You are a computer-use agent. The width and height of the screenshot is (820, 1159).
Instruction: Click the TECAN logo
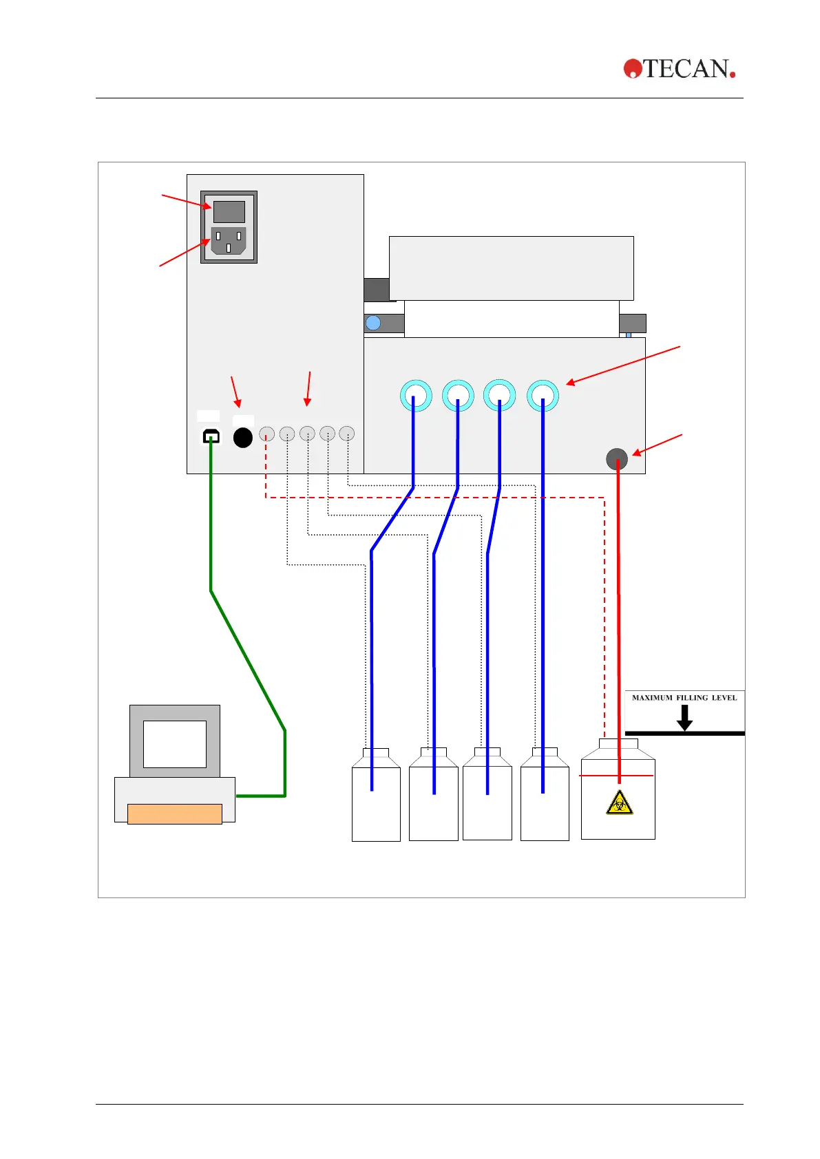680,69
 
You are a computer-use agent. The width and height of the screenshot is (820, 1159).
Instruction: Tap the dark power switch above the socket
229,211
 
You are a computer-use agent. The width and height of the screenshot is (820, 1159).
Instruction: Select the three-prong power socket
228,241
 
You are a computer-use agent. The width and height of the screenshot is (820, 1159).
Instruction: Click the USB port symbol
211,436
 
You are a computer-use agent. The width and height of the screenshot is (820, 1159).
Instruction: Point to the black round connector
243,438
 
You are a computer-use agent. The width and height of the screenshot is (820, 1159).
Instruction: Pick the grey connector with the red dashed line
266,434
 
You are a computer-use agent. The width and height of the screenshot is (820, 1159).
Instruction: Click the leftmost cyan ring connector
416,396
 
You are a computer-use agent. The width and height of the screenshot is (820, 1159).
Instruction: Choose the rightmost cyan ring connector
543,396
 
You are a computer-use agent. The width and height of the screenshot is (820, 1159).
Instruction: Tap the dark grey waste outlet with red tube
617,458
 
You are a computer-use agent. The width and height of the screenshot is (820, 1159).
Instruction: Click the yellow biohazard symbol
620,802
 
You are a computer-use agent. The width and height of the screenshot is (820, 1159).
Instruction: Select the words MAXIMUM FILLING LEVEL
684,698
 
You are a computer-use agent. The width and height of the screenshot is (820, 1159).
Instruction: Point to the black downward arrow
684,717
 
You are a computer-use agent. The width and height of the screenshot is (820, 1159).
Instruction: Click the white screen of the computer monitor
175,744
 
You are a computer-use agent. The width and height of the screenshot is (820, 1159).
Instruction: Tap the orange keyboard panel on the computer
175,814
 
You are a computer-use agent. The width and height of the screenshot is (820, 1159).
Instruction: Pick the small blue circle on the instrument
373,323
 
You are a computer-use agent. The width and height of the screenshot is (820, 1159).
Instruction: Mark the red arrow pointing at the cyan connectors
623,365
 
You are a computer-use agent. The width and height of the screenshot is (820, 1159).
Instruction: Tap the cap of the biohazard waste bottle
618,744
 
